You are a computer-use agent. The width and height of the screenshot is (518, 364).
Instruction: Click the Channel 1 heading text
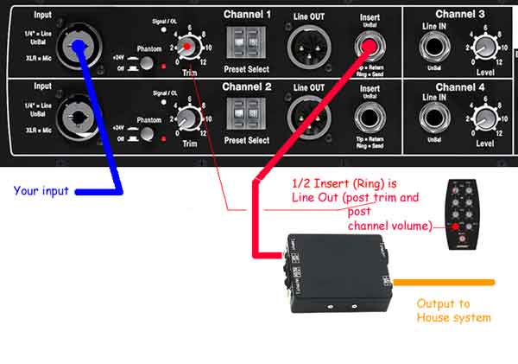point(247,15)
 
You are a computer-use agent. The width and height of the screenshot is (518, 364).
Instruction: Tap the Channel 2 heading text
point(247,87)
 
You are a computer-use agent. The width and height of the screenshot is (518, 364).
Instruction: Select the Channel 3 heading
point(460,14)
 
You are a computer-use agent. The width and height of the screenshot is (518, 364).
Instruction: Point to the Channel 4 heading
point(460,87)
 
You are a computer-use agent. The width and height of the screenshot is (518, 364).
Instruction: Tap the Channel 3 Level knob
point(484,46)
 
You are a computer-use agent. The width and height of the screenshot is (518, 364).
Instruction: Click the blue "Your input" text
point(41,190)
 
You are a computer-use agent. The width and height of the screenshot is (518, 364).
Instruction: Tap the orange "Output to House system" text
point(453,310)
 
